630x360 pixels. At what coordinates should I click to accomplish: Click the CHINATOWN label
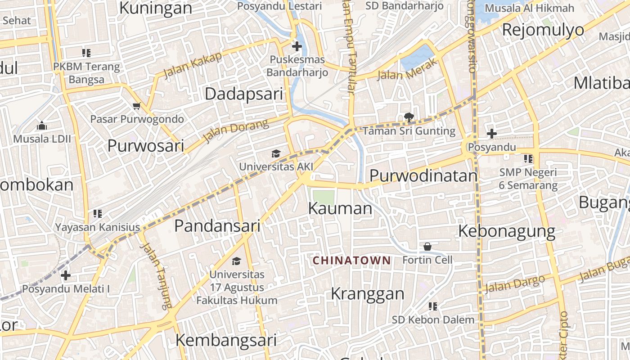coord(351,260)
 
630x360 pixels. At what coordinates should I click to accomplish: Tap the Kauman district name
coord(340,208)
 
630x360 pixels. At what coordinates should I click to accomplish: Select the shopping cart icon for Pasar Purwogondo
coord(137,106)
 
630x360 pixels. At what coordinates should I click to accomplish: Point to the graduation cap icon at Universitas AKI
coord(276,154)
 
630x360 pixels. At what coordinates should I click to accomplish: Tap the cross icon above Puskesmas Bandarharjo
coord(297,46)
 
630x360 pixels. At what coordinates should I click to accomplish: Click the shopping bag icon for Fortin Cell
coord(427,247)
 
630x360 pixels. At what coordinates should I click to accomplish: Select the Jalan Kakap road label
coord(193,65)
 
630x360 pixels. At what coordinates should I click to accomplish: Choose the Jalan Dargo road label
coord(516,283)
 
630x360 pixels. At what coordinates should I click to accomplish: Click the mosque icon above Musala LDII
coord(41,125)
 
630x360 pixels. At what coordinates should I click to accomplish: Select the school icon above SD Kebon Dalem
coord(433,306)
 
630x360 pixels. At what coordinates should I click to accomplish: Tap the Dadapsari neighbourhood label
coord(244,94)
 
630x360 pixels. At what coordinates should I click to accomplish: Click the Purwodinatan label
coord(423,176)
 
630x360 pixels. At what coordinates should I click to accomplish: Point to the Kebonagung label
coord(507,231)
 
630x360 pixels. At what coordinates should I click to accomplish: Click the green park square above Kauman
coord(324,197)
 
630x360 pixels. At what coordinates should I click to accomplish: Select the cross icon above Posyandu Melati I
coord(66,275)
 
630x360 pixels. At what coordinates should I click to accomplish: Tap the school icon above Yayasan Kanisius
coord(98,213)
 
